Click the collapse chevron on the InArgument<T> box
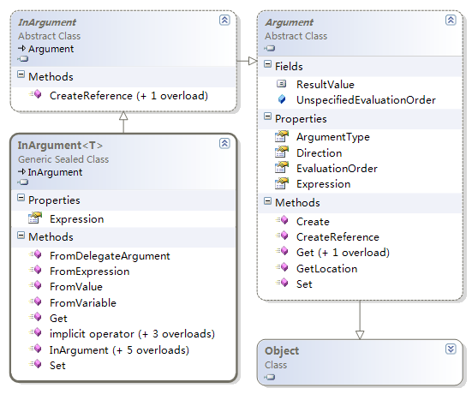click(224, 143)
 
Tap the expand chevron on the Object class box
click(451, 349)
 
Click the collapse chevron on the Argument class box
click(451, 21)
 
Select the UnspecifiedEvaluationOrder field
click(366, 100)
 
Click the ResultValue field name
click(326, 85)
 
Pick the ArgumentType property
click(333, 137)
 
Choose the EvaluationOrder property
click(337, 169)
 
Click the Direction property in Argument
click(319, 153)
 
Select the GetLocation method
click(327, 268)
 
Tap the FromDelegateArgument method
click(110, 256)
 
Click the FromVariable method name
click(83, 303)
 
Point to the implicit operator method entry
click(132, 334)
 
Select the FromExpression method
click(90, 272)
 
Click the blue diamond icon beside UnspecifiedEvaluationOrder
click(282, 99)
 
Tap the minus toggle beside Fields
click(267, 63)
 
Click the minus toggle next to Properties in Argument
click(267, 116)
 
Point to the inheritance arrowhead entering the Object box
click(360, 335)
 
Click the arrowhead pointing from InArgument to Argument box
click(253, 61)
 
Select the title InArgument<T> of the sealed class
click(60, 146)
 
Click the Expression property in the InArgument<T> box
click(77, 219)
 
